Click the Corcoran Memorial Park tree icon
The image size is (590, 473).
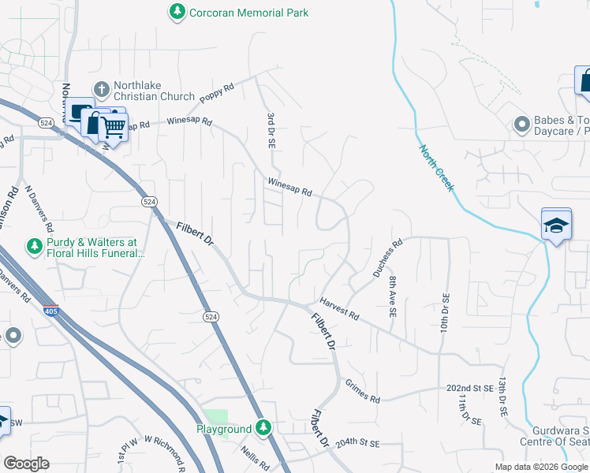point(177,12)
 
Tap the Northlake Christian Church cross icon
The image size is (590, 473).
point(100,88)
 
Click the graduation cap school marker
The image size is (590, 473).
point(556,225)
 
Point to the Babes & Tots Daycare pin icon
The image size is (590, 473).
point(521,125)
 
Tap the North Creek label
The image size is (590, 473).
point(436,167)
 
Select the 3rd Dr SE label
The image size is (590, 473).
point(270,131)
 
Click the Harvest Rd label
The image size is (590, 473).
point(339,308)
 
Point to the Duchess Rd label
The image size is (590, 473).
point(387,256)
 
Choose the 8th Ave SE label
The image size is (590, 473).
point(391,296)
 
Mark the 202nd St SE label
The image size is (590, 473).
point(469,389)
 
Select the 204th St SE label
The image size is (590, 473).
point(357,445)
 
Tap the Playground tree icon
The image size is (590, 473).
point(263,428)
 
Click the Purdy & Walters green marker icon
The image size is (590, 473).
point(35,248)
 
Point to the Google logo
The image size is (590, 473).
point(26,463)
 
